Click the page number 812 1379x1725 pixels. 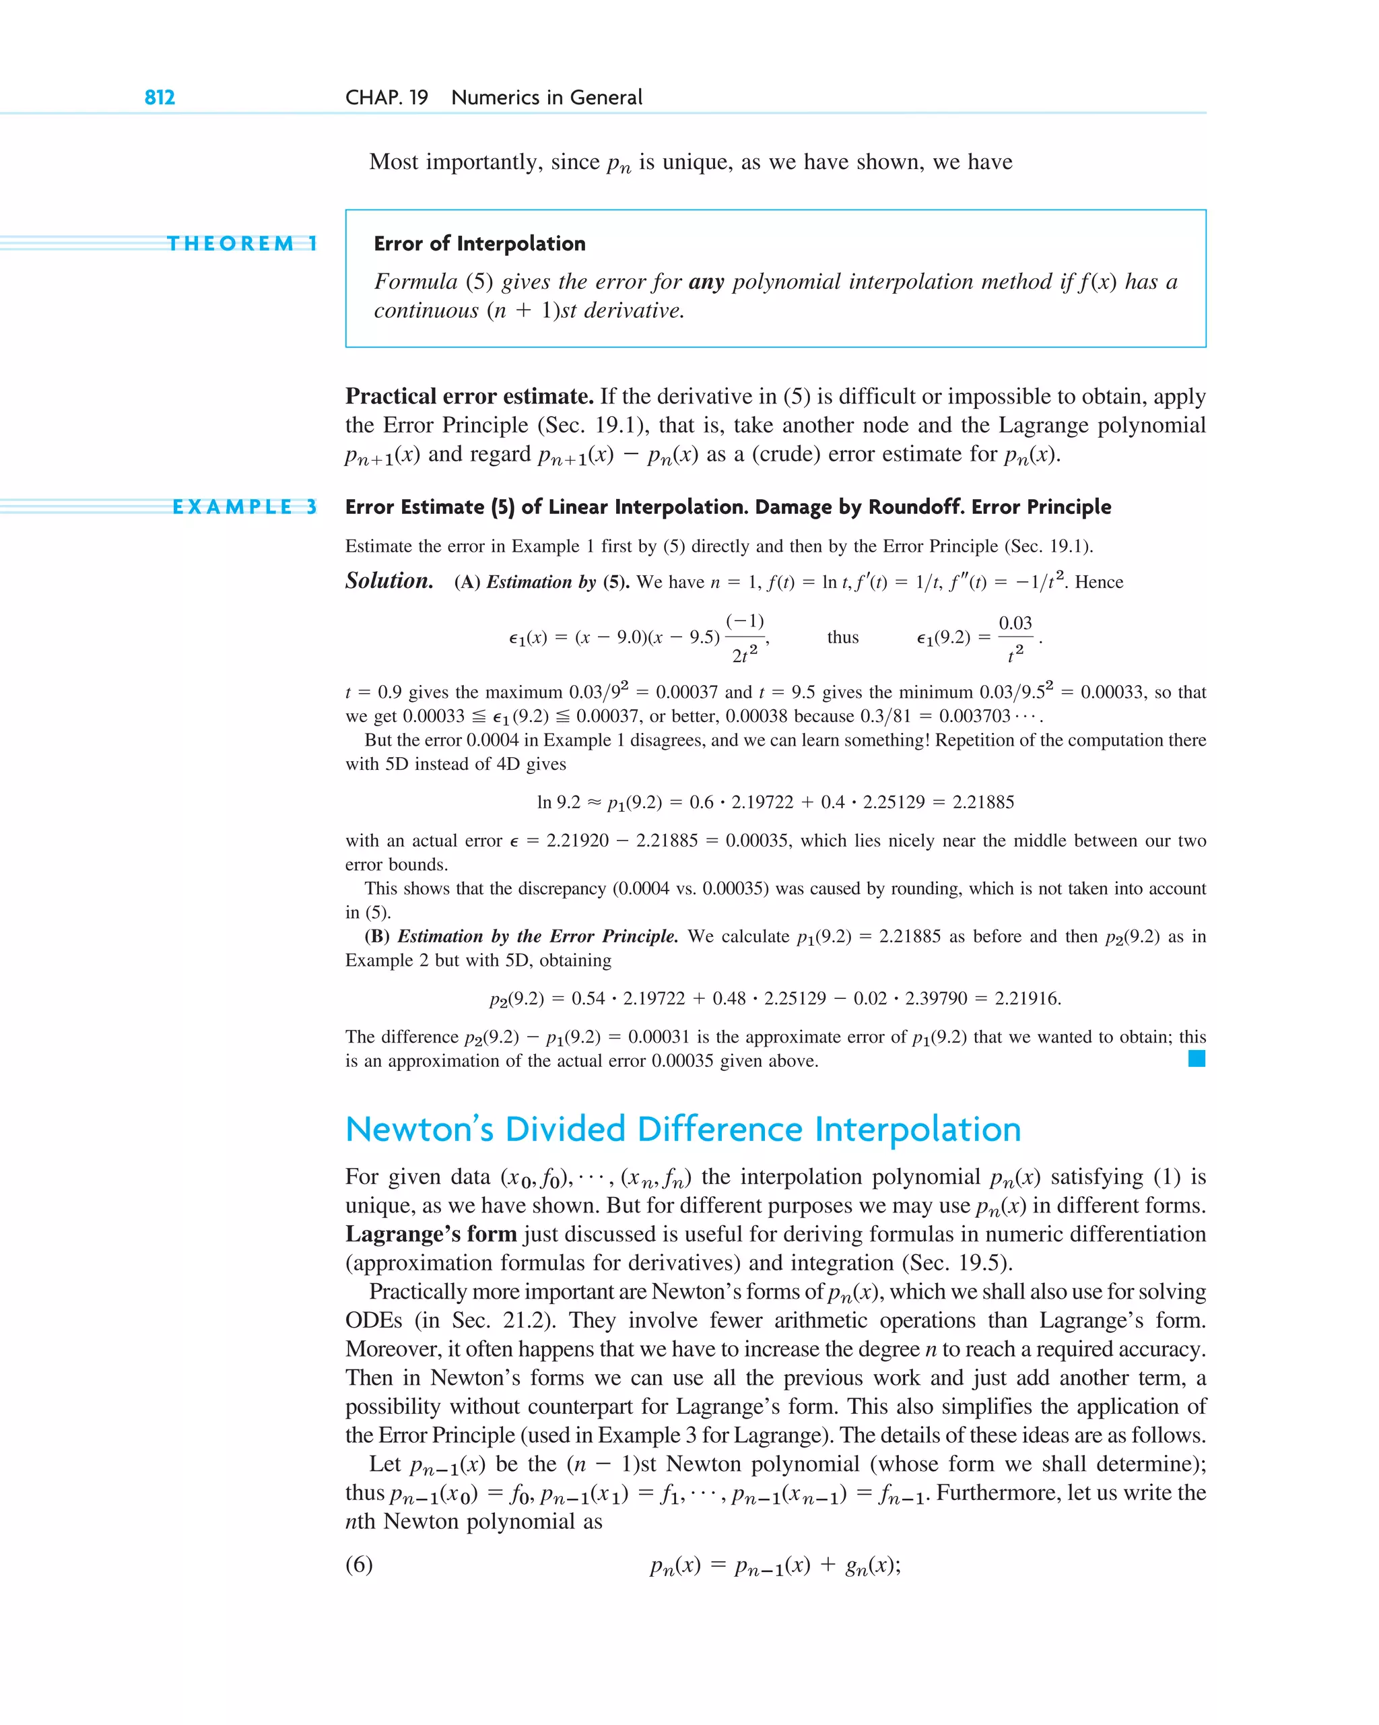point(159,98)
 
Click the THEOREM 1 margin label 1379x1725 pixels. point(242,243)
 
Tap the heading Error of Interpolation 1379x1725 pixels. point(479,243)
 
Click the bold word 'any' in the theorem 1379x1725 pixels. point(706,282)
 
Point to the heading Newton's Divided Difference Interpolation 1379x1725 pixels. point(682,1129)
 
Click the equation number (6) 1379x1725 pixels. point(358,1565)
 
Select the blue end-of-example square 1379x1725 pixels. point(1196,1059)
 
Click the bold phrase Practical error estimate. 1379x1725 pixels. point(469,396)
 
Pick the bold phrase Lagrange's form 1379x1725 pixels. point(430,1234)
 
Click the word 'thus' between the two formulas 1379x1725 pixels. point(842,637)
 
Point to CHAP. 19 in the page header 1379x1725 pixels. point(386,98)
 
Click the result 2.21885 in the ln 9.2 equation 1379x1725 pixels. point(983,802)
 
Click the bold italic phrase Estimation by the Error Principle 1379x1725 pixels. point(537,936)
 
